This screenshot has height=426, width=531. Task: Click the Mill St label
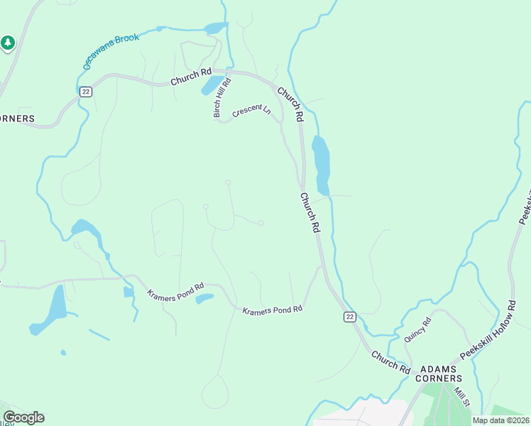tap(463, 393)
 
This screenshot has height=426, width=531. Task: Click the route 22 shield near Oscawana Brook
tap(86, 92)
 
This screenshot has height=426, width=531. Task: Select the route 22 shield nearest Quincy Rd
tap(349, 317)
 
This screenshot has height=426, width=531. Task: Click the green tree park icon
tap(8, 43)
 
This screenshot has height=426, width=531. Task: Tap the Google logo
tap(23, 417)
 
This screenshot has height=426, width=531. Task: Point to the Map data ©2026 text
tap(501, 420)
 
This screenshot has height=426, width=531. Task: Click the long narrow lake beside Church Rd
tap(321, 165)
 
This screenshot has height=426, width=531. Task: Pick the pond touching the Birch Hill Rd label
tap(211, 85)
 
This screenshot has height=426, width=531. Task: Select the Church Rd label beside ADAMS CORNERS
tap(390, 363)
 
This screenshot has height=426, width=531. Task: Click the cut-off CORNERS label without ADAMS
tap(17, 118)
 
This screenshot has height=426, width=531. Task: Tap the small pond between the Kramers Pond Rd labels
tap(204, 299)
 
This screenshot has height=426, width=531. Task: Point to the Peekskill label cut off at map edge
tap(526, 206)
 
